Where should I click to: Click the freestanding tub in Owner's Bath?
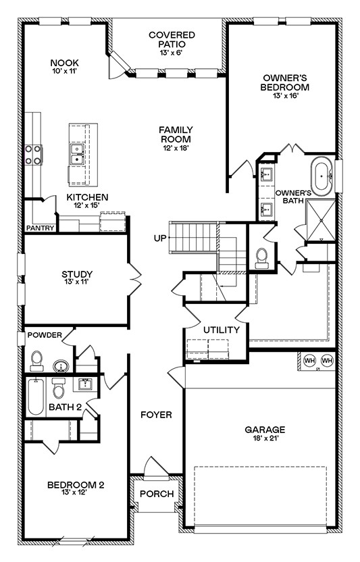pyautogui.click(x=322, y=175)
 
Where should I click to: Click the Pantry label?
pyautogui.click(x=40, y=228)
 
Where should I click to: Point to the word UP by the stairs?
pyautogui.click(x=160, y=238)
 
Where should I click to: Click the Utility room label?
pyautogui.click(x=222, y=330)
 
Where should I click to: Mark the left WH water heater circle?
pyautogui.click(x=309, y=361)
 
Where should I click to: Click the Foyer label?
pyautogui.click(x=156, y=415)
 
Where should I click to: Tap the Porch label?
pyautogui.click(x=156, y=494)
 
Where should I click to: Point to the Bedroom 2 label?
pyautogui.click(x=76, y=484)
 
